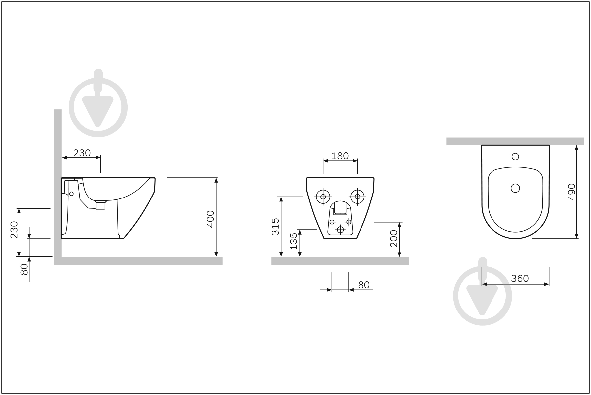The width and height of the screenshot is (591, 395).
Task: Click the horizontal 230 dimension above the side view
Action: coord(82,153)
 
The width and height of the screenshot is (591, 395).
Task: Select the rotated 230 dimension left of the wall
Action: coord(14,230)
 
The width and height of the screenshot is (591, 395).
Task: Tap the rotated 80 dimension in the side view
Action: coord(24,270)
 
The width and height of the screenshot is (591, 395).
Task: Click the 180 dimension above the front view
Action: coord(340,156)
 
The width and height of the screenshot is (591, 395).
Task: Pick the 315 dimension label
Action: coord(275,227)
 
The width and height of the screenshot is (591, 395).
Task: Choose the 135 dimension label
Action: coord(294,241)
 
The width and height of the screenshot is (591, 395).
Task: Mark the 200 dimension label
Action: coord(393,239)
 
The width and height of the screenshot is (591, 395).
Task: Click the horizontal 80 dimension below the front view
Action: coord(364,285)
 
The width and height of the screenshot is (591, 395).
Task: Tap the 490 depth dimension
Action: coord(572,192)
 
